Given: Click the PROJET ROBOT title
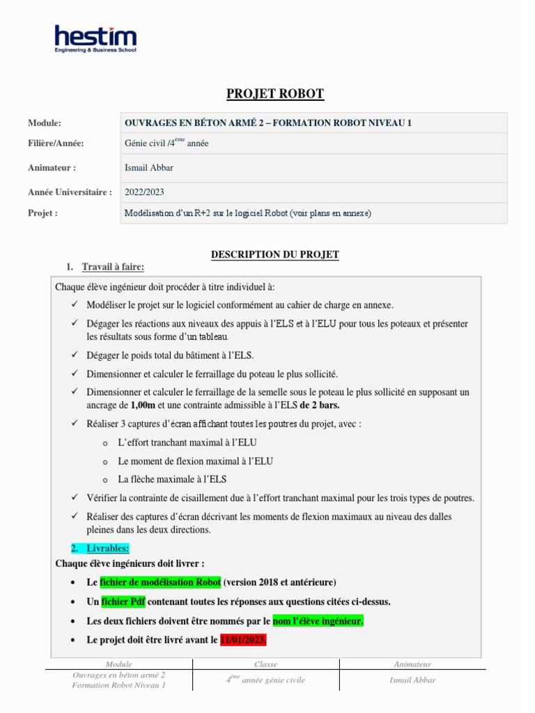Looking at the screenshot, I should [x=275, y=94].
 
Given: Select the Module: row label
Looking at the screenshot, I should [x=45, y=123].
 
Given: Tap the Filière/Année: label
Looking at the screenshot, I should [x=56, y=143].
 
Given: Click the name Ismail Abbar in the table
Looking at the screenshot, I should [x=148, y=168].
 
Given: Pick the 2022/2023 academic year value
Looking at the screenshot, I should [x=144, y=192].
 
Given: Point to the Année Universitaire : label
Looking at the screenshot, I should [x=70, y=192].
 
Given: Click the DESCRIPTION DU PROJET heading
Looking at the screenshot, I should [x=275, y=255].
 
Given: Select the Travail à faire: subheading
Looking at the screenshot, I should [x=113, y=267].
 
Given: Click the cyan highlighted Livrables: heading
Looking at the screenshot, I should [x=108, y=549].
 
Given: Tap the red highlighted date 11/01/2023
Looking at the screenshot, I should [x=243, y=640].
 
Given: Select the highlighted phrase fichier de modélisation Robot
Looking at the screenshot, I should [x=160, y=582].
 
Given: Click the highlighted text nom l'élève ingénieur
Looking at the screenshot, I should [x=318, y=621].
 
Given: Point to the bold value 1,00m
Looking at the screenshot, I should [x=143, y=405].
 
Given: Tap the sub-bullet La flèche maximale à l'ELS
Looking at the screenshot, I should [x=172, y=480].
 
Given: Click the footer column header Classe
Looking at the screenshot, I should [x=265, y=664].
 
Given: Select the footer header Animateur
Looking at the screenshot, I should [x=412, y=664].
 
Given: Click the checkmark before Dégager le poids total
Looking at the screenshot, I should [x=75, y=356].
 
